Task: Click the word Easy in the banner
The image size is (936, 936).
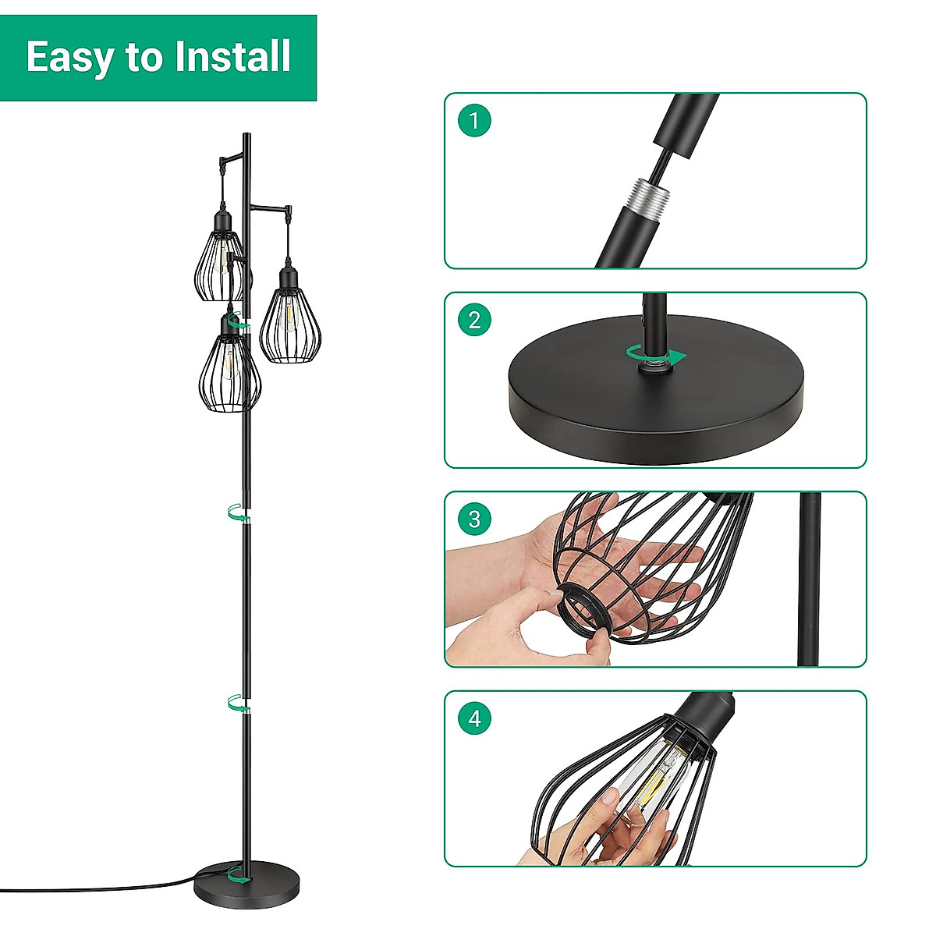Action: pyautogui.click(x=68, y=58)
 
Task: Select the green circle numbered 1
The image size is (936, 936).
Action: pyautogui.click(x=474, y=121)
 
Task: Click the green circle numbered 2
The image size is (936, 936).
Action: pyautogui.click(x=474, y=320)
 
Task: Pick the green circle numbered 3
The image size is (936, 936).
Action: pyautogui.click(x=474, y=519)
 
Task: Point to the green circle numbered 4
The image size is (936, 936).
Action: pyautogui.click(x=474, y=718)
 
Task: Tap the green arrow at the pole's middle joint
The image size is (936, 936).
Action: pyautogui.click(x=237, y=512)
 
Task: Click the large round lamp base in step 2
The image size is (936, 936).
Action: pyautogui.click(x=655, y=390)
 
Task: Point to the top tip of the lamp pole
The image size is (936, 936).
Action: pyautogui.click(x=246, y=135)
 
